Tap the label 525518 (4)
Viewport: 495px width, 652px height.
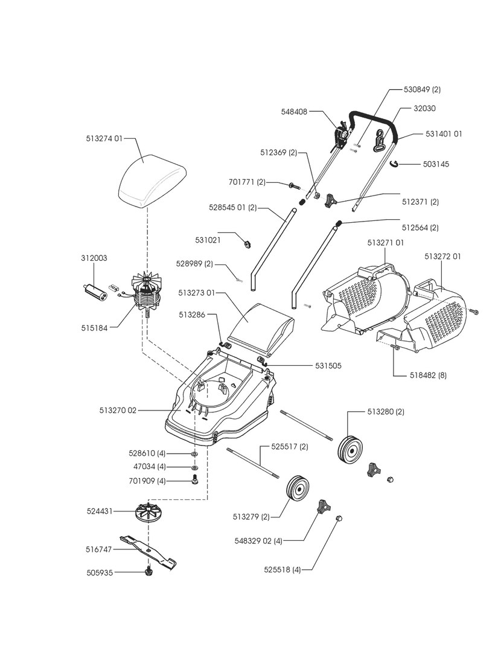click(x=282, y=570)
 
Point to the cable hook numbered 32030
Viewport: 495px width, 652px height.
click(x=380, y=139)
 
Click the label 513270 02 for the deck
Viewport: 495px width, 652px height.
click(x=118, y=410)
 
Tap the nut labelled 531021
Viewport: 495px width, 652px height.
click(x=246, y=243)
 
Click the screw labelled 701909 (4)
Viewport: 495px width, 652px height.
click(x=195, y=481)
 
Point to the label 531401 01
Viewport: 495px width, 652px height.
click(x=444, y=134)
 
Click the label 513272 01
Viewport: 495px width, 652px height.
click(x=442, y=257)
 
